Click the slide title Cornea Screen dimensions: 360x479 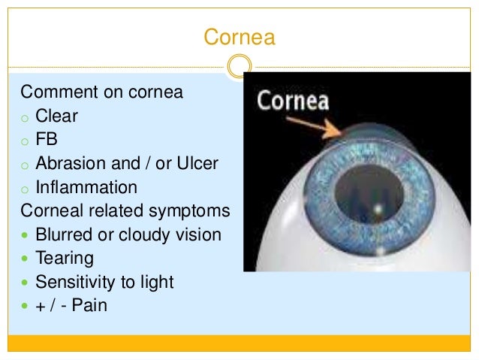point(239,37)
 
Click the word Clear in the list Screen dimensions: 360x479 point(57,116)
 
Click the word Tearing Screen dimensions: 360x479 point(65,259)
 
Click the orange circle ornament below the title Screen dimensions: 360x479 point(239,67)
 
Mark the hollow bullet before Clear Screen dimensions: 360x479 point(26,118)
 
